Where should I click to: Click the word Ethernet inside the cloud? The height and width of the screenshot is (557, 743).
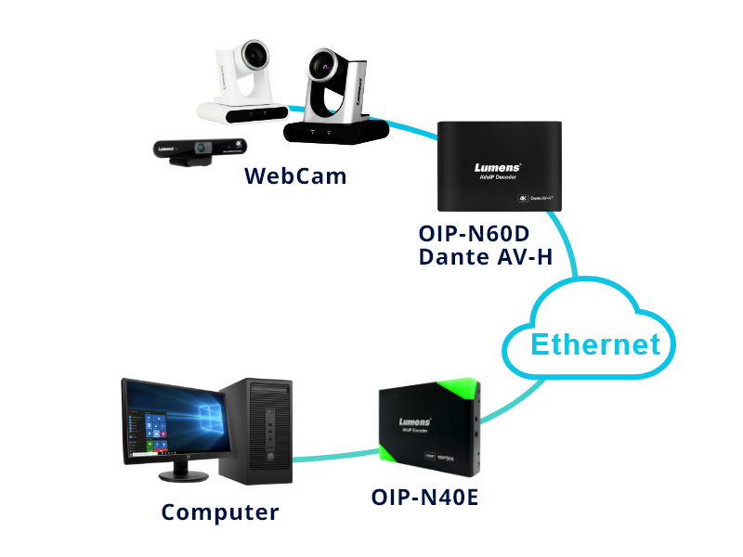(595, 344)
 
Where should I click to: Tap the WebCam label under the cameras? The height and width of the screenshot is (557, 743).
(295, 175)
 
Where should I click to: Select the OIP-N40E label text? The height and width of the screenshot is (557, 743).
(424, 498)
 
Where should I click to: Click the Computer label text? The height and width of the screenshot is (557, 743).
(219, 512)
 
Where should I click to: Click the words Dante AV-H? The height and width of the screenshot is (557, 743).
(486, 256)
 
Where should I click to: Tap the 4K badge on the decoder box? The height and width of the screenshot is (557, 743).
(522, 198)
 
